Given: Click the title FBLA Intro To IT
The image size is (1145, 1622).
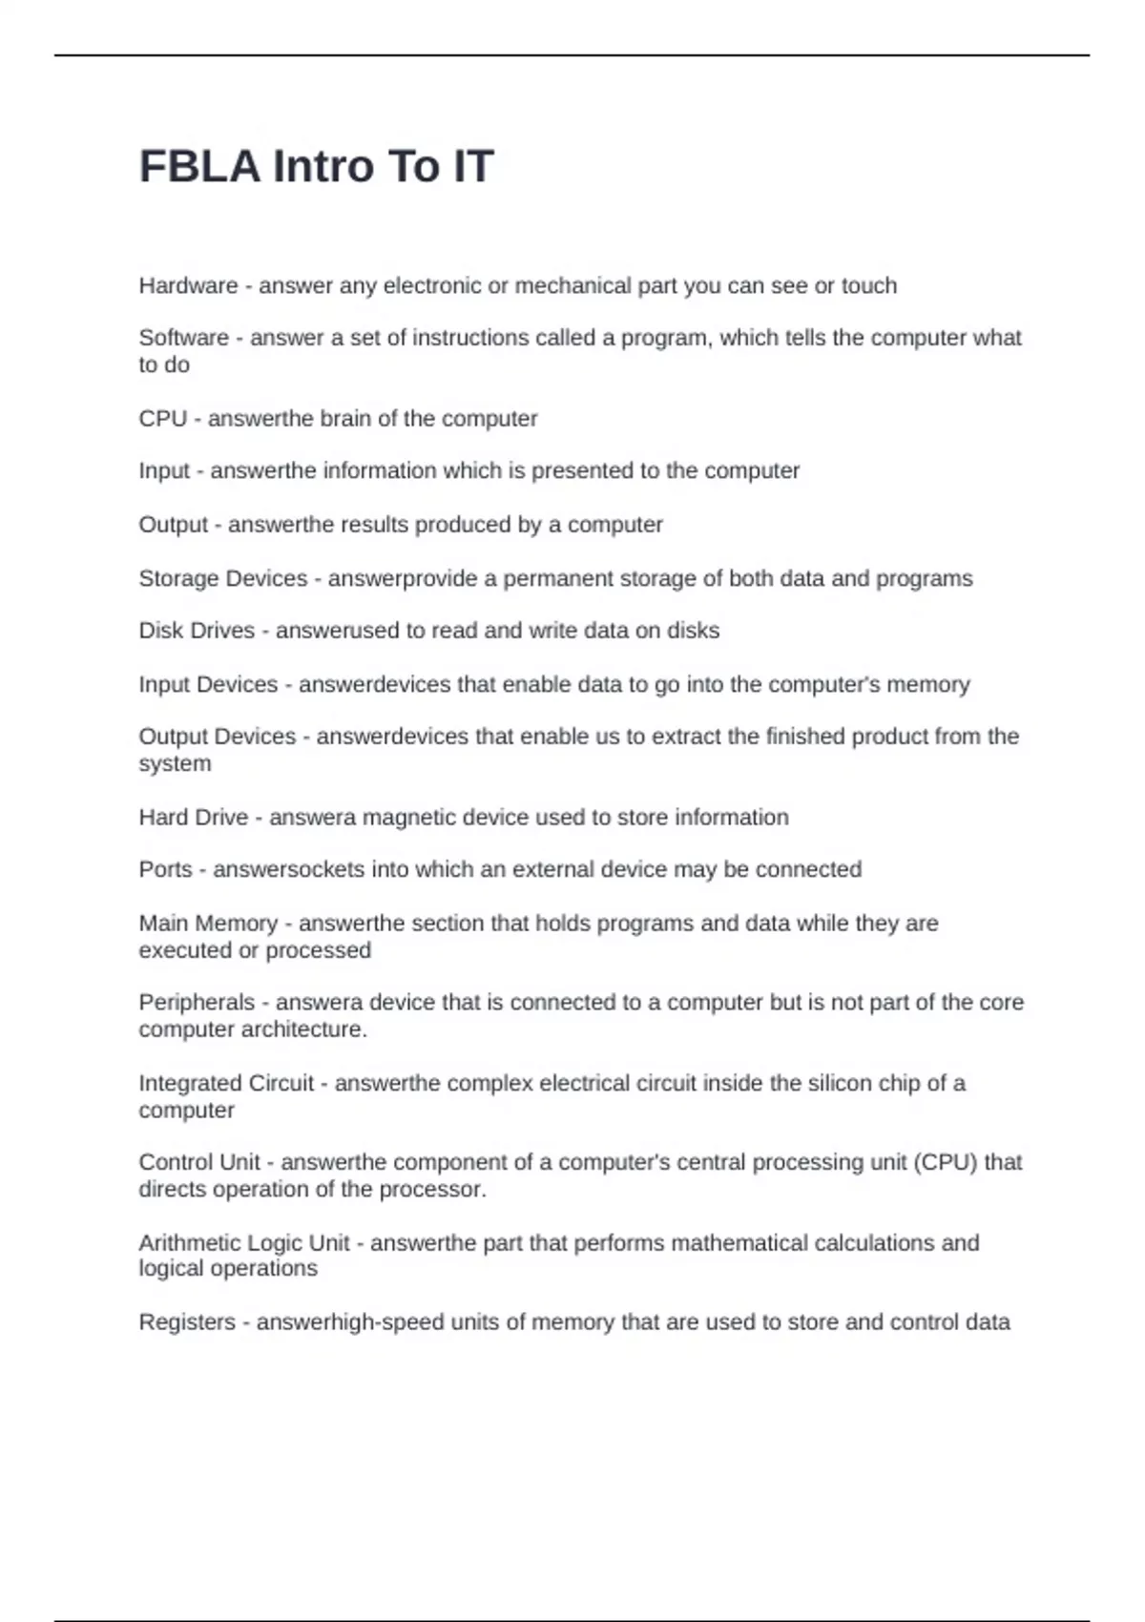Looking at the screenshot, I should click(x=316, y=166).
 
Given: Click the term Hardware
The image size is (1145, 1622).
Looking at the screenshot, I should click(x=188, y=285).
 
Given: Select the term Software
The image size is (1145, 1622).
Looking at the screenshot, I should click(x=183, y=338).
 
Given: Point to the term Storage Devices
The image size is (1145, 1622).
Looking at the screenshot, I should click(x=223, y=578).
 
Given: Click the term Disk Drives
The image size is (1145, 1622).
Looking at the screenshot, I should click(x=197, y=631).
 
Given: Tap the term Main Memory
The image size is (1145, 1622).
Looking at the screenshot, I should click(x=208, y=924).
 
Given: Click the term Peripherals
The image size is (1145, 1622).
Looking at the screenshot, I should click(x=197, y=1003).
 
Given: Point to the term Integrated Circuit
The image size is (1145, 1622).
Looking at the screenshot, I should click(x=226, y=1084).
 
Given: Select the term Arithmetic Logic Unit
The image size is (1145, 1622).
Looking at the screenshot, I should click(x=244, y=1243).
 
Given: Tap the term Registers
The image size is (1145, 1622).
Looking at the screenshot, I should click(x=187, y=1322).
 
